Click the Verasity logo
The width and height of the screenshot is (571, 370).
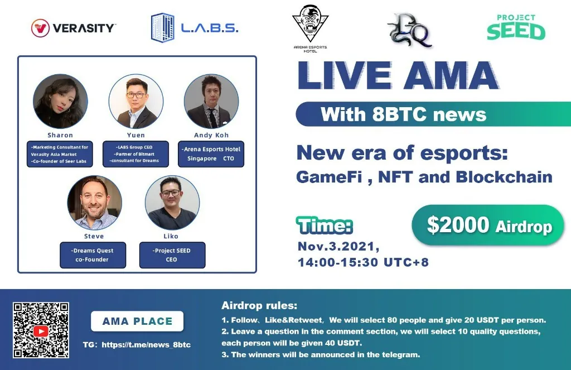click(x=73, y=28)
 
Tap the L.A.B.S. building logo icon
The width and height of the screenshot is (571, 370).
click(x=162, y=28)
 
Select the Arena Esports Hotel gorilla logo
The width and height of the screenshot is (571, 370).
click(x=310, y=28)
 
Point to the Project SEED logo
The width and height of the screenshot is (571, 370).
click(x=516, y=27)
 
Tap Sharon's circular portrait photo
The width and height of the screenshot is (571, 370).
click(x=60, y=102)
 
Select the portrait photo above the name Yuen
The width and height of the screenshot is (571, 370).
click(x=136, y=102)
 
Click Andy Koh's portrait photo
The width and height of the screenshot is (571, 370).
click(x=211, y=102)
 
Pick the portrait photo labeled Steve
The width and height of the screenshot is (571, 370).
click(x=94, y=203)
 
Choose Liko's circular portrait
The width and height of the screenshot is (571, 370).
click(x=172, y=203)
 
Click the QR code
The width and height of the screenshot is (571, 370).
click(x=41, y=330)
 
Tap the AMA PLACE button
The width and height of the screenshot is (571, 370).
click(x=137, y=321)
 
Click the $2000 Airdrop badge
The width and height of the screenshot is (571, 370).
click(x=488, y=225)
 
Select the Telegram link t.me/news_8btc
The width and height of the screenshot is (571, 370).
click(x=146, y=345)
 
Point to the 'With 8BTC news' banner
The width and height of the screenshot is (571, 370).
click(x=433, y=114)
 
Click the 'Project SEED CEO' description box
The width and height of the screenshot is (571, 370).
click(x=172, y=255)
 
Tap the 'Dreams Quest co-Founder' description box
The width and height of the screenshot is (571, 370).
click(x=93, y=255)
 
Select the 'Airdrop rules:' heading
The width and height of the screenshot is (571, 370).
click(x=259, y=305)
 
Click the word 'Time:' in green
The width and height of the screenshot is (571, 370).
click(x=325, y=225)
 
